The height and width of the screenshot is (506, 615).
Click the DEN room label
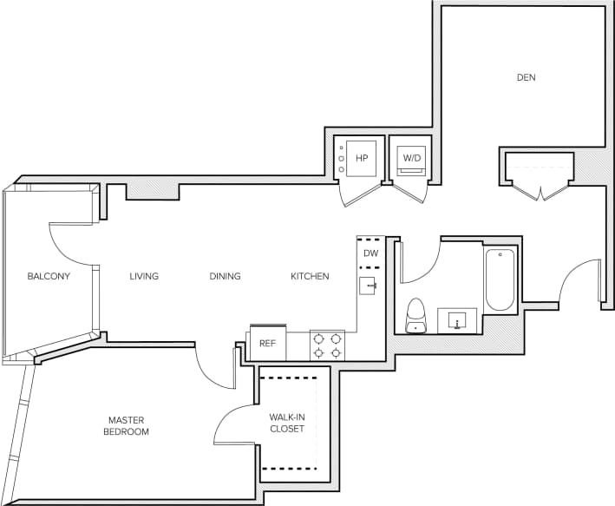coord(526,77)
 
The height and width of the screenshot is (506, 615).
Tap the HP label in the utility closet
coord(362,158)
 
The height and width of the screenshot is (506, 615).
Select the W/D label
coord(409,158)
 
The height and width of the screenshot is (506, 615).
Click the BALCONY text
coord(49,277)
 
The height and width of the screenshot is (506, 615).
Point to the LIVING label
coord(144,277)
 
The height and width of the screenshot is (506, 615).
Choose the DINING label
coord(225,277)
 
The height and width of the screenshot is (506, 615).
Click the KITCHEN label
coord(310,277)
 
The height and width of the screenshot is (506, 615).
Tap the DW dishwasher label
coord(370,253)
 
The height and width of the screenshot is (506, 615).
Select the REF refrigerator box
coord(267,344)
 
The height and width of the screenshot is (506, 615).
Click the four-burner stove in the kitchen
coord(328,345)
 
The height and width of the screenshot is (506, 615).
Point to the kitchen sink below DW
coord(368,286)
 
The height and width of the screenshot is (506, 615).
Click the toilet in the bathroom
coord(416,315)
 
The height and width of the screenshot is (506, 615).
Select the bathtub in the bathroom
coord(501,280)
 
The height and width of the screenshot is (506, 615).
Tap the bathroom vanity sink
coord(457,320)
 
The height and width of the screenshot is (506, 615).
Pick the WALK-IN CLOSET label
coord(286,423)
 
